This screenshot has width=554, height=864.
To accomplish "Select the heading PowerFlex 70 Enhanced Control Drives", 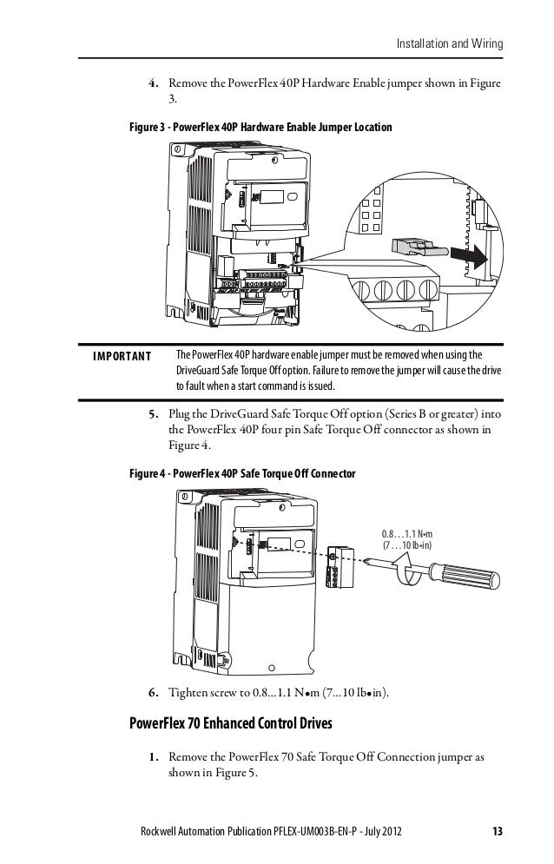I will click(232, 722).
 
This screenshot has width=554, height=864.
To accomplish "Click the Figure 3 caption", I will click(261, 128).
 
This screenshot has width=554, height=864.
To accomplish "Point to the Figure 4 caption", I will click(241, 474).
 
